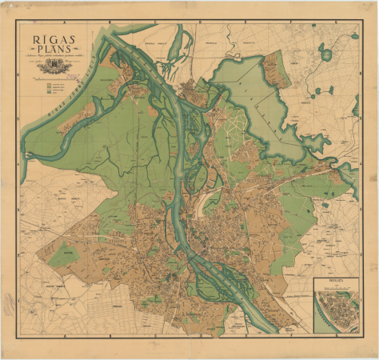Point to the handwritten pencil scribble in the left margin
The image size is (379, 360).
tap(9, 304)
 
